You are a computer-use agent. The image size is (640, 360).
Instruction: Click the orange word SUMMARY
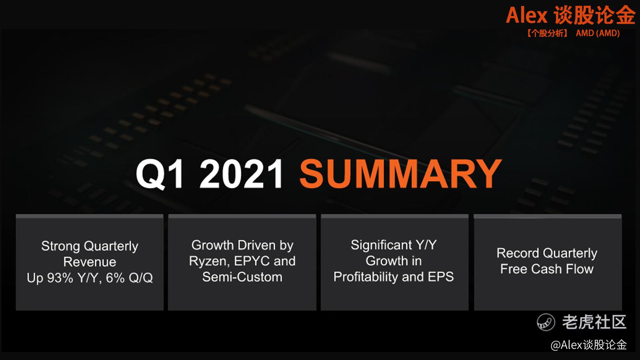400,174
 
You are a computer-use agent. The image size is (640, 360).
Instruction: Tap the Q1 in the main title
160,174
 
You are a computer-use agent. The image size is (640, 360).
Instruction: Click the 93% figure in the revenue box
60,278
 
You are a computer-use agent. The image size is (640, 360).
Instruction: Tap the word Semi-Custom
242,277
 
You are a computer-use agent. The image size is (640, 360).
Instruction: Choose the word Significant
382,245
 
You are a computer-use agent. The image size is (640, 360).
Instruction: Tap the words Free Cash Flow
547,269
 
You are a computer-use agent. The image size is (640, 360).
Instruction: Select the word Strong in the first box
60,246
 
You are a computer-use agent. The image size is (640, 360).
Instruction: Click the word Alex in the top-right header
526,16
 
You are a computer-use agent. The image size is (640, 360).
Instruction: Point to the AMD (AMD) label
598,33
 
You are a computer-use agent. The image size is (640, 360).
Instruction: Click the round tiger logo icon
546,322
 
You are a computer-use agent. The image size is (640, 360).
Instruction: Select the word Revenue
90,262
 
